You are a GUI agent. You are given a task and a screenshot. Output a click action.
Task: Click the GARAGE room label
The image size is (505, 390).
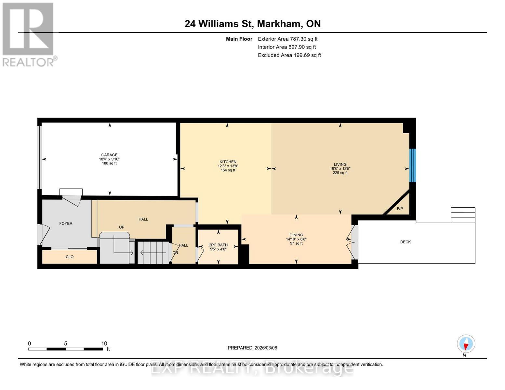click(x=109, y=155)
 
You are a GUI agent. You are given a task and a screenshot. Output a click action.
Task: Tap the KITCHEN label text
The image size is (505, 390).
click(x=228, y=162)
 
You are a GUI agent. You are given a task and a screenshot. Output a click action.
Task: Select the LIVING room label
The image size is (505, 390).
click(x=340, y=164)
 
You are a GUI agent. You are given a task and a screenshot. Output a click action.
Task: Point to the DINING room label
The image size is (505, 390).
click(x=296, y=235)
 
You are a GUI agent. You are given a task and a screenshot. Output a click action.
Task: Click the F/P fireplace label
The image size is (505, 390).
click(x=400, y=209)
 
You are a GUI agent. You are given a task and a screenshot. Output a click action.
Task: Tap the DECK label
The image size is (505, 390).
click(x=405, y=242)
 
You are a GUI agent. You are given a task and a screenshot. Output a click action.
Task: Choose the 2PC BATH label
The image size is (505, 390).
click(x=218, y=245)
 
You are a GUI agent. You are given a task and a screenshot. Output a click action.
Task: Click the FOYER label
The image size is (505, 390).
click(x=66, y=223)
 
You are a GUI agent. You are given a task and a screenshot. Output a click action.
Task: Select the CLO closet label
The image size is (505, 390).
click(x=70, y=257)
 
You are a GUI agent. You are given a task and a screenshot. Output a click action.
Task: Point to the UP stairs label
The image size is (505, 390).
click(x=122, y=227)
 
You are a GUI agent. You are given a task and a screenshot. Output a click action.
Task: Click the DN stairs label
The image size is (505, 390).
click(x=175, y=253)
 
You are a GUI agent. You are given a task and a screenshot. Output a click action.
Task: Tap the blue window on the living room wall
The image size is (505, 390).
click(x=412, y=165)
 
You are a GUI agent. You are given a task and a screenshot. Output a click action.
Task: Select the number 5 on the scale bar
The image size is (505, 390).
click(x=66, y=343)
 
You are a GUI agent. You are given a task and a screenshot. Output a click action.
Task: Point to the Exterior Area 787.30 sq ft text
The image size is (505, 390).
click(x=287, y=39)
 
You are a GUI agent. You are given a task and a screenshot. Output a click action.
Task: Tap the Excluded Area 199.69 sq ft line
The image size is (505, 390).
click(x=289, y=55)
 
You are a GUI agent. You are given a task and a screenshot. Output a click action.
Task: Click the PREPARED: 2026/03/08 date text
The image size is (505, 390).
click(x=252, y=348)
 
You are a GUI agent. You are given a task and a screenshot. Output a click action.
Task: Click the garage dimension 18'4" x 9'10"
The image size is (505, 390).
click(x=109, y=159)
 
